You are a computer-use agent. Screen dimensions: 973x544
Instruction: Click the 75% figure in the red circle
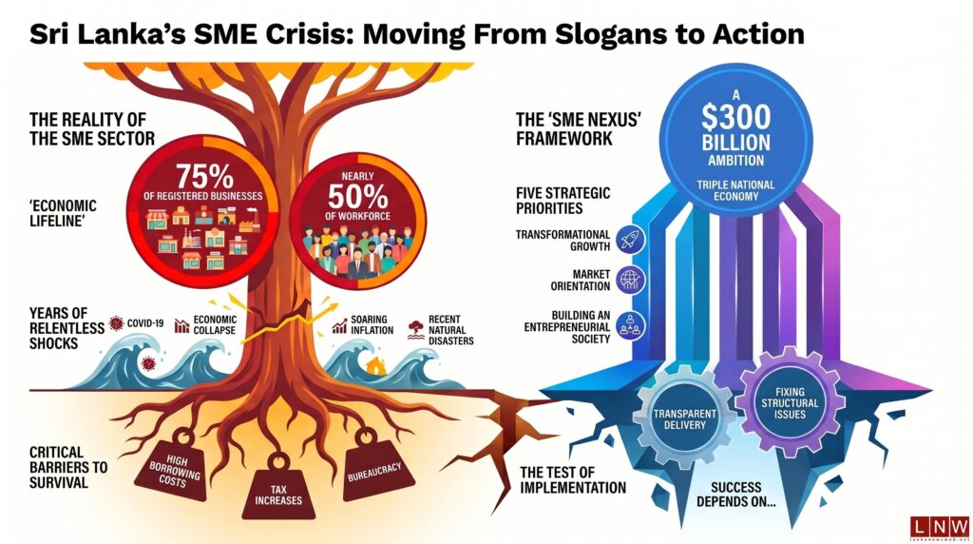tap(205, 176)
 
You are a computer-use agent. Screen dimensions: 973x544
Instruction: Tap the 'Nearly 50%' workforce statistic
tap(358, 192)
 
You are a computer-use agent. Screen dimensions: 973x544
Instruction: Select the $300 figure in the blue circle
tap(736, 116)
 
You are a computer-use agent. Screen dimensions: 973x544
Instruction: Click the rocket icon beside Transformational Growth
tap(631, 240)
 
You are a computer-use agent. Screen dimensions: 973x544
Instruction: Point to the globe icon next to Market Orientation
tap(631, 280)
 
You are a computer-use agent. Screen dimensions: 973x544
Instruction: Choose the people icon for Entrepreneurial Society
tap(631, 326)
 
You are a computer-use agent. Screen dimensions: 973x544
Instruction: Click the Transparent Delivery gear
tap(684, 418)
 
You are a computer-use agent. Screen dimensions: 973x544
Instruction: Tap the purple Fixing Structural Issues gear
tap(790, 402)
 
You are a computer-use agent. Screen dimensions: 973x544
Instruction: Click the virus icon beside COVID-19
tap(116, 323)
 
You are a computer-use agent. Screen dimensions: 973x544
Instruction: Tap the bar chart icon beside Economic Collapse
tap(181, 325)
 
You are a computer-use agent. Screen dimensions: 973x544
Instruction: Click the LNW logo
tap(939, 527)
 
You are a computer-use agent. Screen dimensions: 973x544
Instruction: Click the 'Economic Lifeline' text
tap(64, 213)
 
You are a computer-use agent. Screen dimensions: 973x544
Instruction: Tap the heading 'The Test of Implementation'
tap(573, 480)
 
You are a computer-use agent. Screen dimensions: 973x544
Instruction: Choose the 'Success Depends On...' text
tap(736, 495)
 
